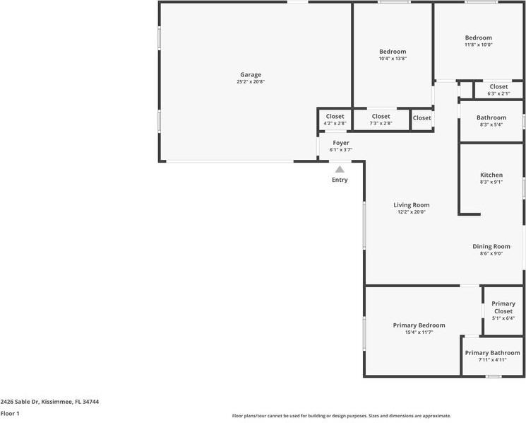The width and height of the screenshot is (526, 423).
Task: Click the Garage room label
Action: tap(251, 74)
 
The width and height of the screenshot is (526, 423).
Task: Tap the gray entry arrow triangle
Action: tap(340, 169)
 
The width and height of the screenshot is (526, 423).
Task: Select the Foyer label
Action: tap(341, 143)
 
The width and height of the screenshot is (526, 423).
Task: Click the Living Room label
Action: tap(412, 205)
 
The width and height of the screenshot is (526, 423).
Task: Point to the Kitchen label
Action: tap(491, 175)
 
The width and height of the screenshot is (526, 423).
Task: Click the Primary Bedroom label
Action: tap(419, 325)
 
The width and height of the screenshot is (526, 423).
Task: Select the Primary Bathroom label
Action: tap(492, 353)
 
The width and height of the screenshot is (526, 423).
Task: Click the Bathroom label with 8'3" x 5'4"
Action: tap(491, 117)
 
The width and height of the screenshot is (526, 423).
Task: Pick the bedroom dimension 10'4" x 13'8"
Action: tap(393, 59)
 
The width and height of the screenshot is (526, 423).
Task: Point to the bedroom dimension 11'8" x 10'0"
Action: tap(478, 45)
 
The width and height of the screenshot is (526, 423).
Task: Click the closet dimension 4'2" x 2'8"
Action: tap(335, 124)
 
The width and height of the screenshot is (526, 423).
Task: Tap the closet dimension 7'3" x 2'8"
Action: tap(381, 124)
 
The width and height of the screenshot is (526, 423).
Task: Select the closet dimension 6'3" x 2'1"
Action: tap(498, 93)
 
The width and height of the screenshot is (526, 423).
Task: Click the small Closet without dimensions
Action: tap(422, 118)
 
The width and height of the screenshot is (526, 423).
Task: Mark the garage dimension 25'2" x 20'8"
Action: tap(251, 82)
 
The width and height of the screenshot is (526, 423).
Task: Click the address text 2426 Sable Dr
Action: tap(49, 402)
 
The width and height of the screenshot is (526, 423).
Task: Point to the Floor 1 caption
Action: tap(10, 414)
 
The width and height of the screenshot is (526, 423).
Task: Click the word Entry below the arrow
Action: tap(340, 180)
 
